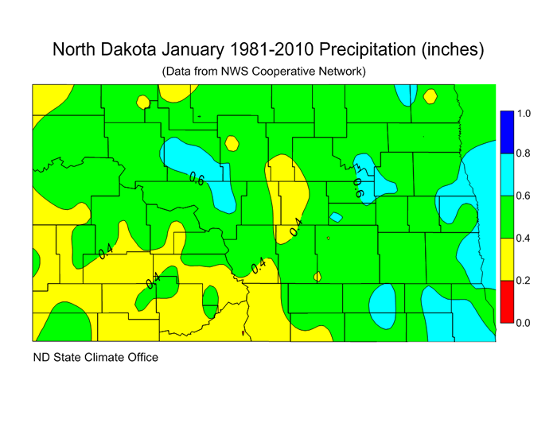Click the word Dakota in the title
point(131,49)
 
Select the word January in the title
point(196,49)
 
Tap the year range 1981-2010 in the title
point(271,49)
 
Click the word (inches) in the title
point(455,49)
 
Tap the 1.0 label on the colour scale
point(524,114)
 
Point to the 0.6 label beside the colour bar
point(524,196)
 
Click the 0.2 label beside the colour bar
point(524,281)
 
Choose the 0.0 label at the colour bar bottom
point(524,322)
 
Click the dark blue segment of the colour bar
point(504,132)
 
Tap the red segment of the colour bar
point(504,301)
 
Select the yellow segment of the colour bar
point(504,259)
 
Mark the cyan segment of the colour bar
point(504,174)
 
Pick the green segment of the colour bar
point(504,217)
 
